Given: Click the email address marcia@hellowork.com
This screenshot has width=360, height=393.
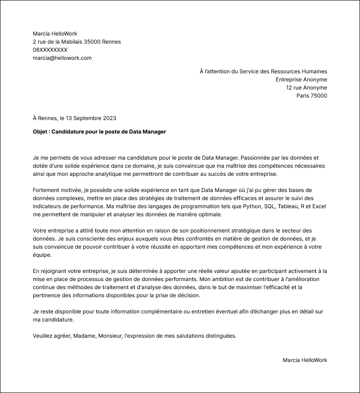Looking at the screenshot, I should (x=62, y=58).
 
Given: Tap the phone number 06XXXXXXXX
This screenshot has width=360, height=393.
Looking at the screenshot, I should (x=50, y=50).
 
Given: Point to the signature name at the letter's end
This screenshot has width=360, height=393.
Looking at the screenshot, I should (x=305, y=360).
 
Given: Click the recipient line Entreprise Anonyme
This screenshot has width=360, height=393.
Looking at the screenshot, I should (x=301, y=80).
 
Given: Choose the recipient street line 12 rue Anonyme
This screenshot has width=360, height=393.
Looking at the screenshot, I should (x=306, y=88).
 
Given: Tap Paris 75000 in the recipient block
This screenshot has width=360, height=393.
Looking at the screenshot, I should (x=311, y=96).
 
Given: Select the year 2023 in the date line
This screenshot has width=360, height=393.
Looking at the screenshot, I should (x=109, y=118).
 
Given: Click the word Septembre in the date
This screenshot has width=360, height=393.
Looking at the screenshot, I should (x=87, y=118).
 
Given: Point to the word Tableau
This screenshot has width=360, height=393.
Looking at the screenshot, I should (x=290, y=206).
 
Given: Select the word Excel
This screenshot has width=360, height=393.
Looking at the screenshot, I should (x=319, y=206).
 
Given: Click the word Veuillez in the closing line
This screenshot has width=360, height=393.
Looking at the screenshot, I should (x=44, y=336).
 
